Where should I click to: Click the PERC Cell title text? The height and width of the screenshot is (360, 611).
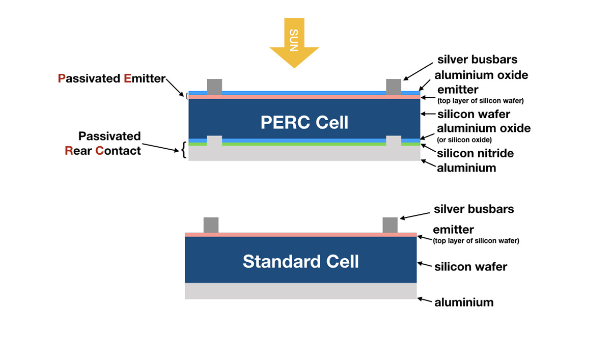tap(304, 122)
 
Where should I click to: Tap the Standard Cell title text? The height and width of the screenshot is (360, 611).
tap(301, 261)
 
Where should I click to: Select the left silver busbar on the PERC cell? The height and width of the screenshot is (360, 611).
tap(214, 87)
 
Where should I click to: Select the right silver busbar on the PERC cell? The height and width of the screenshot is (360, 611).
tap(394, 87)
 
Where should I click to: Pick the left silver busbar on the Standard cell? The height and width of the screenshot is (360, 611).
tap(211, 225)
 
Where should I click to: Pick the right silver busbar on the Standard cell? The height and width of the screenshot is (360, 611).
tap(390, 225)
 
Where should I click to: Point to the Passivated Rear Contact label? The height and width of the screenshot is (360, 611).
tap(109, 143)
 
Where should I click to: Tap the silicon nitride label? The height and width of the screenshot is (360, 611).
tap(475, 153)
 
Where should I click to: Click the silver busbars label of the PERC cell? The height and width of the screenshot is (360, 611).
tap(478, 60)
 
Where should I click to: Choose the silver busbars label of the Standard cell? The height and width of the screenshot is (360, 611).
tap(474, 209)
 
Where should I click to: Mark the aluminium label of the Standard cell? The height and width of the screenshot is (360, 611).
tap(464, 302)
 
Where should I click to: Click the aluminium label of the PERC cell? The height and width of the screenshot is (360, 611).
tap(466, 168)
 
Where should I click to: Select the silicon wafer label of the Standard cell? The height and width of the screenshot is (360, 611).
tap(470, 266)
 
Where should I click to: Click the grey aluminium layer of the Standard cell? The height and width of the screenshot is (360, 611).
tap(300, 291)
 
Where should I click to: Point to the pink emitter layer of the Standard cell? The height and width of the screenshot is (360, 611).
tap(300, 234)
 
